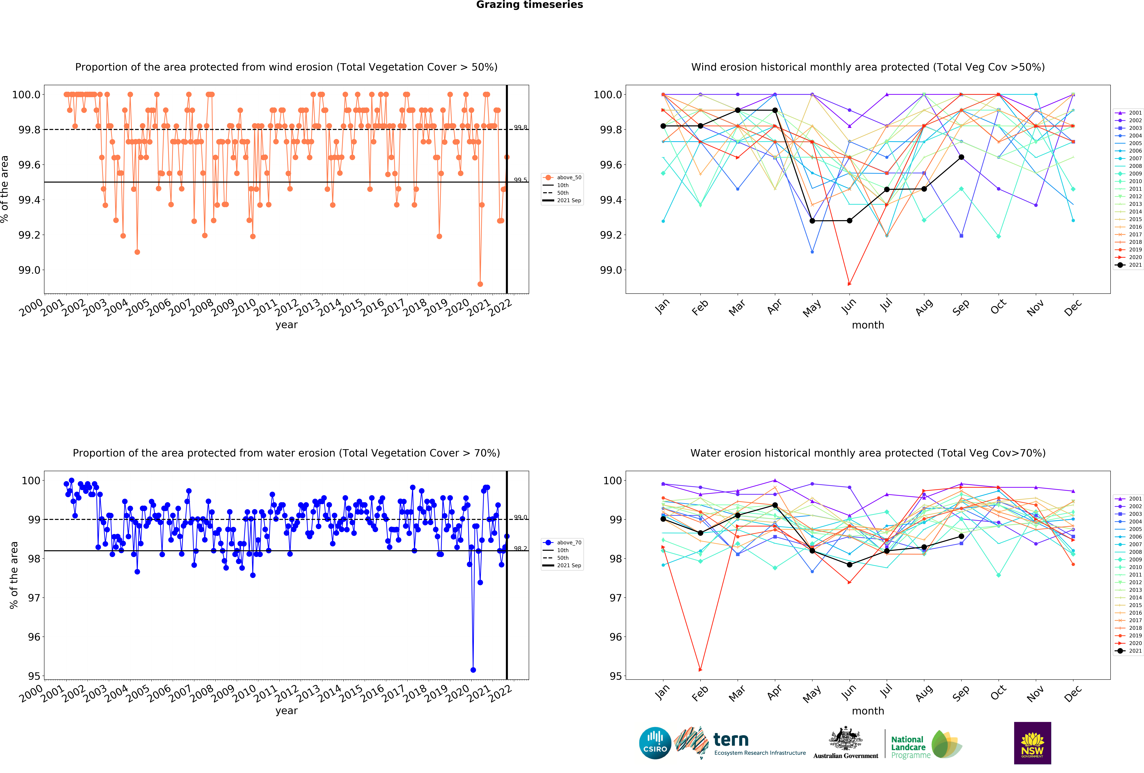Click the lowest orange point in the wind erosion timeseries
tap(480, 284)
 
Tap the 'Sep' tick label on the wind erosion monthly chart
tap(960, 307)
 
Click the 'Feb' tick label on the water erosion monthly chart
tap(699, 693)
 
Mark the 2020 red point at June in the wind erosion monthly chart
tap(849, 284)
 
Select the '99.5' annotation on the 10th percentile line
tap(520, 180)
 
